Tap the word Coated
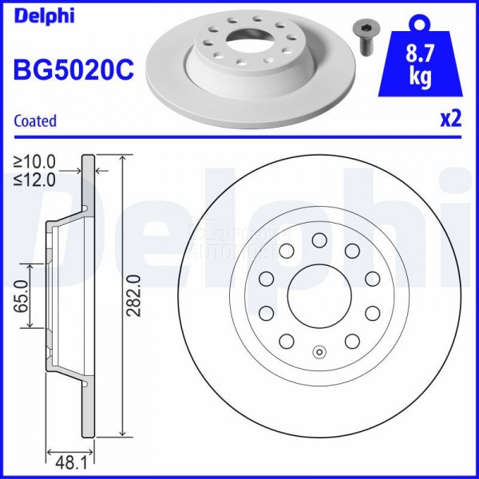click(36, 121)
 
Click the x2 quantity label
click(450, 119)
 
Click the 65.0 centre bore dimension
click(22, 295)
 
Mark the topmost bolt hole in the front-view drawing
click(319, 239)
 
